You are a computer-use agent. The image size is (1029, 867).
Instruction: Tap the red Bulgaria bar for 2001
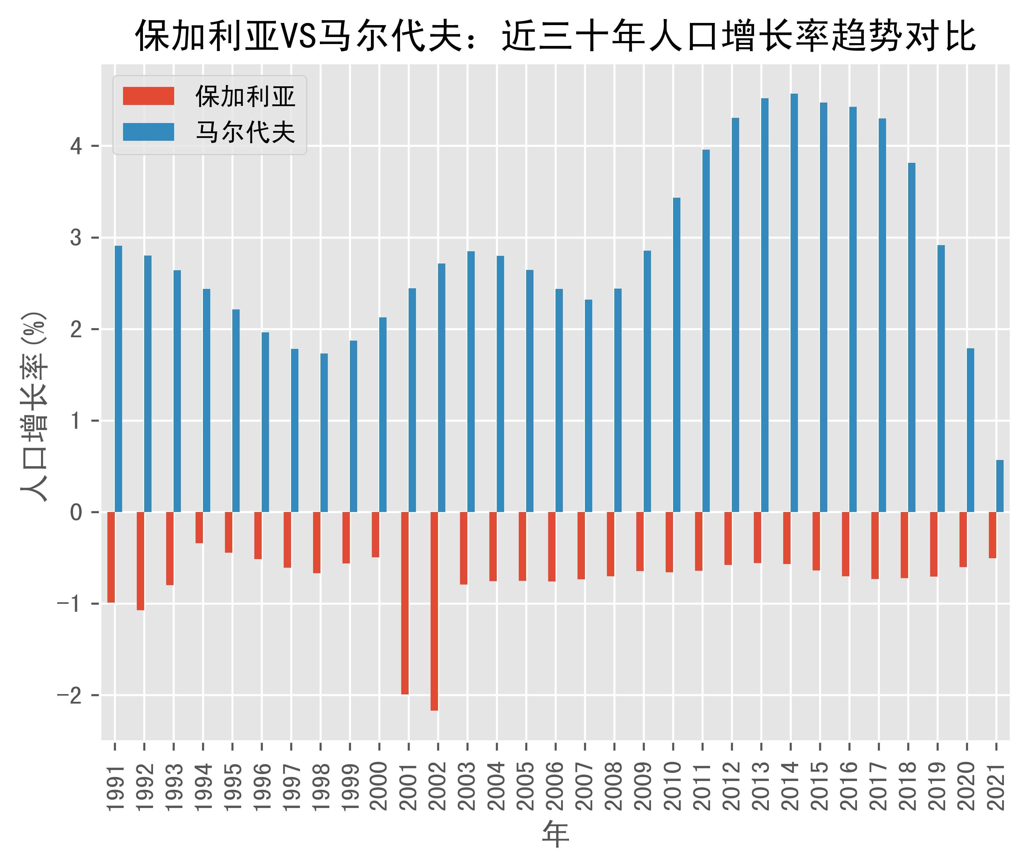tap(405, 603)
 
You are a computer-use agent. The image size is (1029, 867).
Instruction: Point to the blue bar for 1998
tap(324, 432)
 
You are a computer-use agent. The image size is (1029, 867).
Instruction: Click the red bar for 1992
tap(140, 561)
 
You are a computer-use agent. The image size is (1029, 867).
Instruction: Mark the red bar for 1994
tap(199, 527)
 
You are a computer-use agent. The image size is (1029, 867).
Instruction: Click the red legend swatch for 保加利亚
tap(148, 96)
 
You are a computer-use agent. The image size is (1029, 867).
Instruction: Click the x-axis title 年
tap(556, 834)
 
